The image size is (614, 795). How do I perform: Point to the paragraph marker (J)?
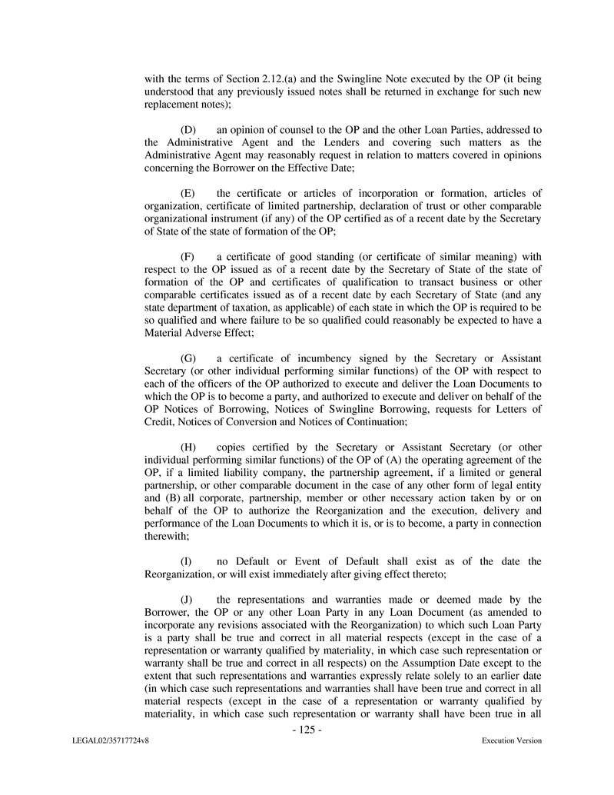(x=187, y=600)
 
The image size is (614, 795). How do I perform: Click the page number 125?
(x=307, y=730)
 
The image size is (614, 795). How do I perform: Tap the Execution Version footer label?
(x=512, y=741)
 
